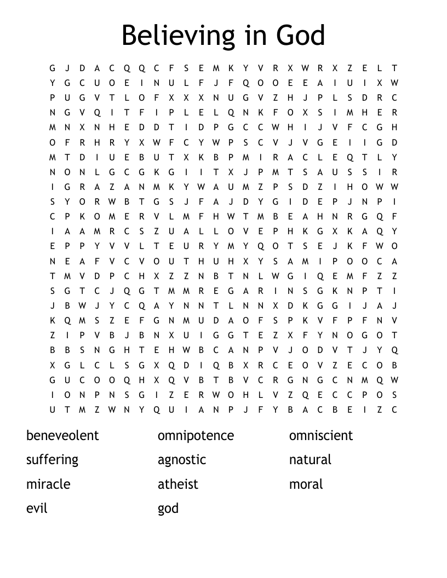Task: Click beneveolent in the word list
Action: coord(62,436)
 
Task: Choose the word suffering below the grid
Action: coord(52,460)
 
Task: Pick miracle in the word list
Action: coord(48,484)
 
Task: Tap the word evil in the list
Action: coord(37,508)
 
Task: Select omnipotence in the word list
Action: coord(196,436)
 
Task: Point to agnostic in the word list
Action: coord(182,460)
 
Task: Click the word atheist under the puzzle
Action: coord(178,484)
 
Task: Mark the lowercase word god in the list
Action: coord(168,508)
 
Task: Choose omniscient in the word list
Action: coord(321,436)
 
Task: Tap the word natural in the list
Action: coord(310,460)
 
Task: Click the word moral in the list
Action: coord(306,484)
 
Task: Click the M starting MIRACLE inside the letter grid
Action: coord(246,157)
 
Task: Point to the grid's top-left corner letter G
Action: coord(53,68)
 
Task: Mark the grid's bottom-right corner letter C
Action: coord(394,409)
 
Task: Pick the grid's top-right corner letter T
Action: coord(394,68)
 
